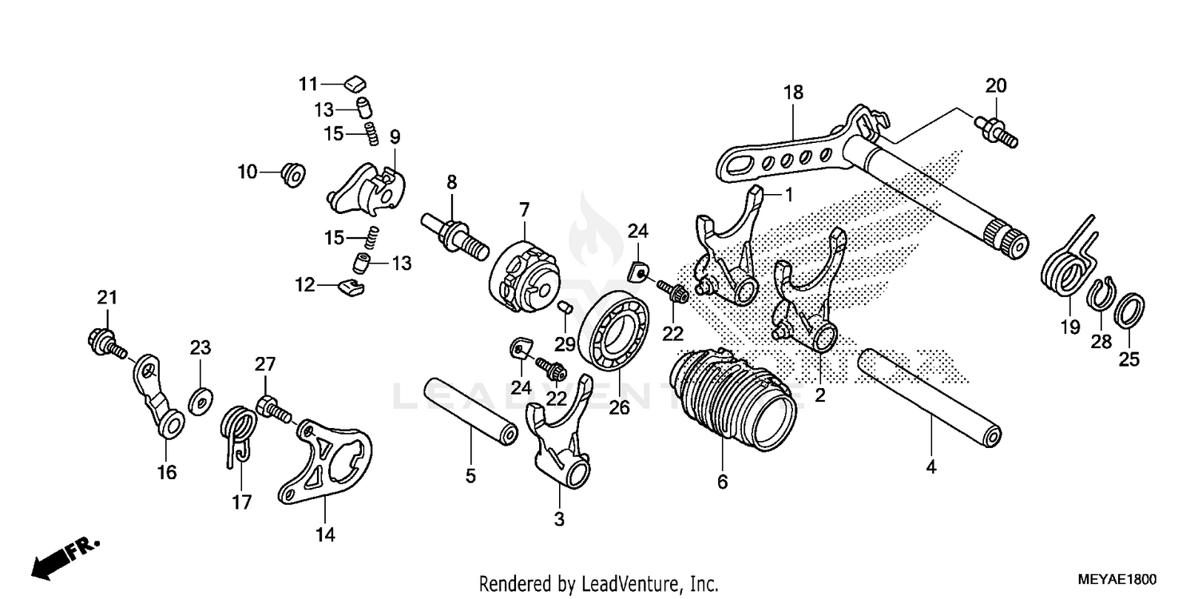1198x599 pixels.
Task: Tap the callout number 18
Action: (x=792, y=93)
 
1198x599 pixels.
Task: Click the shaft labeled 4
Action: (x=930, y=395)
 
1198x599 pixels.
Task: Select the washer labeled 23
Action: (x=200, y=397)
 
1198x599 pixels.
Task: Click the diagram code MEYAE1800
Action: (x=1115, y=578)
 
